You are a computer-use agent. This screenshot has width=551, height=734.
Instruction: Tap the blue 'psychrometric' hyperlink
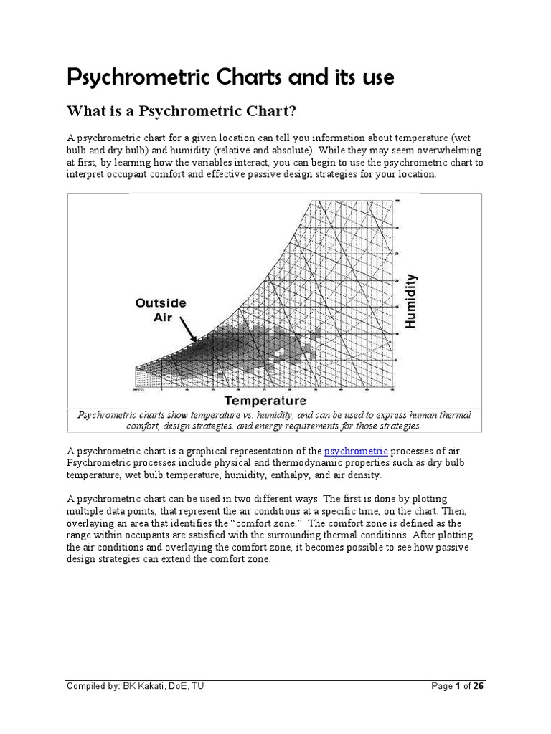click(x=356, y=450)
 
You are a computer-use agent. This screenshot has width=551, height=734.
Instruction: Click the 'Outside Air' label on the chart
click(x=161, y=310)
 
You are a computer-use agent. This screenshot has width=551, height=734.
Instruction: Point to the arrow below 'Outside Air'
click(x=189, y=330)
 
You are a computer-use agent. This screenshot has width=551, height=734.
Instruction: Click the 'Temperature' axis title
click(x=265, y=400)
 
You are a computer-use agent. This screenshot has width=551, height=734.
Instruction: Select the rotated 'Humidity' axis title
click(x=410, y=300)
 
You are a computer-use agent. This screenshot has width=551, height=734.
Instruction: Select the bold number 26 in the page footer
click(x=477, y=686)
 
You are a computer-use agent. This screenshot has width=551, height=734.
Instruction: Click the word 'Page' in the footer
click(x=441, y=686)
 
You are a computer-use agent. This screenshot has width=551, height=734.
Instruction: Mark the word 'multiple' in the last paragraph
click(x=88, y=510)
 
